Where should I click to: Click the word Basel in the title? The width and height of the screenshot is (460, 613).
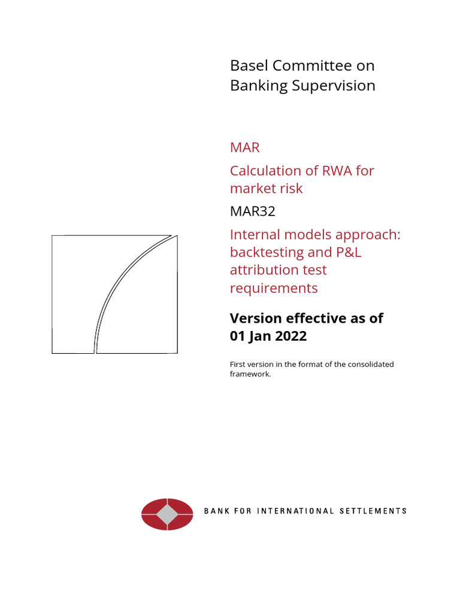[x=248, y=66]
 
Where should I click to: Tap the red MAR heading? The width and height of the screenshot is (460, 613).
[x=245, y=147]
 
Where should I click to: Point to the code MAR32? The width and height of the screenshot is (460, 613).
[x=253, y=211]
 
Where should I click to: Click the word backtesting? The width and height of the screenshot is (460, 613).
[x=267, y=252]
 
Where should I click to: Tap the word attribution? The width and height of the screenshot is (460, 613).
[x=261, y=270]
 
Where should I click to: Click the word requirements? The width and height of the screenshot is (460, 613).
[x=274, y=288]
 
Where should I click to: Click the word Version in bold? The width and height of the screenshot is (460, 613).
[x=255, y=318]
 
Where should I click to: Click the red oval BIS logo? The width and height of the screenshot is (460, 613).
[x=167, y=514]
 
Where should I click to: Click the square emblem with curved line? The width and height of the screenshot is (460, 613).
[x=114, y=294]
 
